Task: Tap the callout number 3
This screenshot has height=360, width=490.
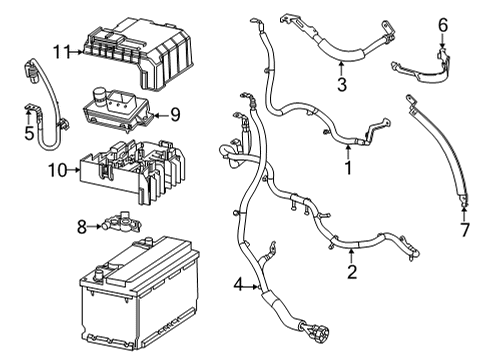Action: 342,86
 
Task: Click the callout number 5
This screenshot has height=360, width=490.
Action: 29,131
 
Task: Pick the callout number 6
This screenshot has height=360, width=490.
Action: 443,23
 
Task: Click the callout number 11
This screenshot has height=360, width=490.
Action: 62,51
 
